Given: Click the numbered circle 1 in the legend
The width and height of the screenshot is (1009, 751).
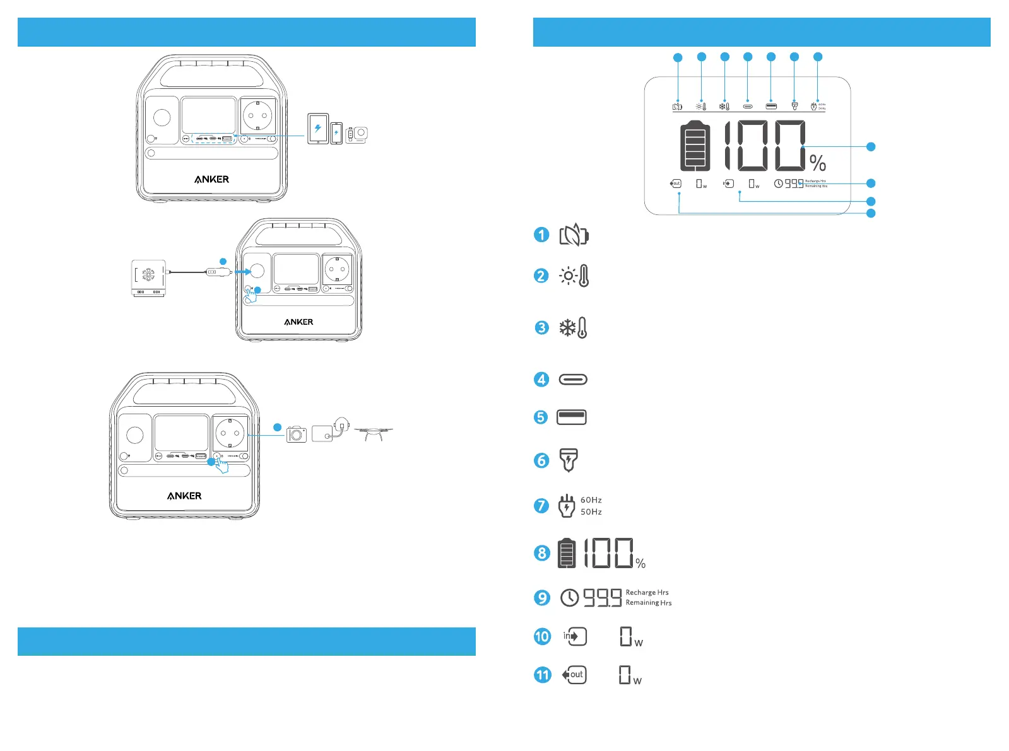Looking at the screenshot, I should pyautogui.click(x=541, y=235).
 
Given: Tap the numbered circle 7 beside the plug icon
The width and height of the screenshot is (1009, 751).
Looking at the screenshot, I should pyautogui.click(x=541, y=506).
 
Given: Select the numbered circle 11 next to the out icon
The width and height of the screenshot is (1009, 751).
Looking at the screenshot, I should pyautogui.click(x=542, y=675).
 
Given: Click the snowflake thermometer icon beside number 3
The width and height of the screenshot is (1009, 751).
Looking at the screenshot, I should pyautogui.click(x=574, y=328).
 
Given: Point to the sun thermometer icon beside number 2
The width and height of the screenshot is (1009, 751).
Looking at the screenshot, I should pyautogui.click(x=574, y=276).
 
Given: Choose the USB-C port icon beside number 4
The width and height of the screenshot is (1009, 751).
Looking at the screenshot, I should pyautogui.click(x=573, y=380).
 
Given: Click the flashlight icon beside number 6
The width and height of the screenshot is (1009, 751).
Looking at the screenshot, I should pyautogui.click(x=569, y=460).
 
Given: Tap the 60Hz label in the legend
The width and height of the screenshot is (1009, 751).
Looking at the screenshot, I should pyautogui.click(x=591, y=500).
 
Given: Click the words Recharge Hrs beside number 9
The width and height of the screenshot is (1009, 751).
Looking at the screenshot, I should pyautogui.click(x=647, y=593).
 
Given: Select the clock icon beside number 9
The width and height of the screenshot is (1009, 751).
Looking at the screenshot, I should pyautogui.click(x=569, y=598).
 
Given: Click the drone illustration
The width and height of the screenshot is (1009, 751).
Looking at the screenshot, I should pyautogui.click(x=374, y=433).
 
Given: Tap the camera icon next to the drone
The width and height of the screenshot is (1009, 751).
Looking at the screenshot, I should pyautogui.click(x=297, y=434).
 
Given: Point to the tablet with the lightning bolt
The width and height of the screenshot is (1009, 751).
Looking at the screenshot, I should pyautogui.click(x=318, y=129).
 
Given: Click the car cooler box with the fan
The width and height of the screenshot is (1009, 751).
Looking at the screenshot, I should pyautogui.click(x=148, y=277).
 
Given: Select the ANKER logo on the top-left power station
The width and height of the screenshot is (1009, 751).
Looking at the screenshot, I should pyautogui.click(x=211, y=180).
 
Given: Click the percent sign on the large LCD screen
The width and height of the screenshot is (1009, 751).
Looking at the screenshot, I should pyautogui.click(x=818, y=163).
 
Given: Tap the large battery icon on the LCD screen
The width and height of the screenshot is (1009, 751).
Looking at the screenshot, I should pyautogui.click(x=695, y=146).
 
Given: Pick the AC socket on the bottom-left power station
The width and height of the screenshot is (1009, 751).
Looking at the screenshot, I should pyautogui.click(x=230, y=433).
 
